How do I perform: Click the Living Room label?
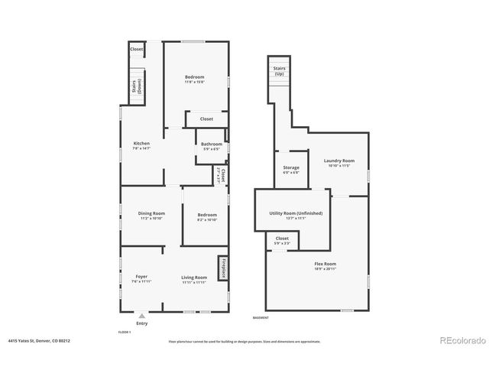(x=194, y=278)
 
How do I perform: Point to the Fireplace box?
(x=224, y=270)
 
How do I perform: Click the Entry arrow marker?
(x=141, y=316)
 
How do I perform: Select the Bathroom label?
(x=212, y=145)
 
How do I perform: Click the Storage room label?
(x=291, y=168)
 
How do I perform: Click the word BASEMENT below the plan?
(x=261, y=317)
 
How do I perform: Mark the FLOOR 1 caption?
(x=125, y=332)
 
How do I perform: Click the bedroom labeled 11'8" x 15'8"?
(x=195, y=79)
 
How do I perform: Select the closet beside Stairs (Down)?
(x=137, y=49)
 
